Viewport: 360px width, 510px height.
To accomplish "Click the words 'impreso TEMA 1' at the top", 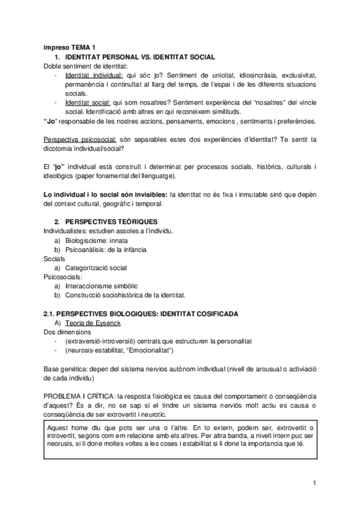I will point(69,48).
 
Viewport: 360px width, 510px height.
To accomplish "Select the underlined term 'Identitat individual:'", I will point(94,76).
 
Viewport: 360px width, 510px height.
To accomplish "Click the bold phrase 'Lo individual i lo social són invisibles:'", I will point(106,194).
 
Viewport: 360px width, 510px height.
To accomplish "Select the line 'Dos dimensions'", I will point(67,331).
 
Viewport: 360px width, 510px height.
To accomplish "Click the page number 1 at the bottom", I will point(314,483).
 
